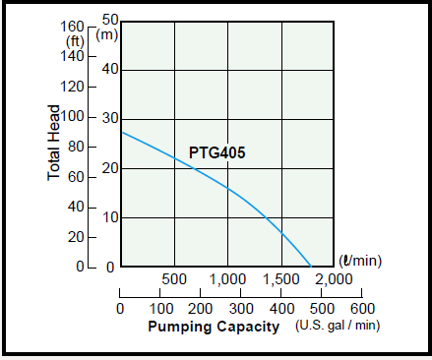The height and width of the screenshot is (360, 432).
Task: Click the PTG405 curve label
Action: pos(216,153)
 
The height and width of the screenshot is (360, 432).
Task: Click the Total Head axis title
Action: pos(55,143)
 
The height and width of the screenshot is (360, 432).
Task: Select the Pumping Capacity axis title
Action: pos(214,326)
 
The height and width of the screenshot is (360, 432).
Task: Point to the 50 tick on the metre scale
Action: pos(109,20)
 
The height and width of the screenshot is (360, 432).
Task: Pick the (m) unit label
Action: pos(108,34)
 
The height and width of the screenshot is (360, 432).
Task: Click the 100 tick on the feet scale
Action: pos(74,117)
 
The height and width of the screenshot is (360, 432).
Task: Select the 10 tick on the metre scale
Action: pos(110,217)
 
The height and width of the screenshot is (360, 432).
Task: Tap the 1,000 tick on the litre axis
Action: pos(227,279)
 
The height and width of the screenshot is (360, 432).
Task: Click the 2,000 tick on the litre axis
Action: pos(334,279)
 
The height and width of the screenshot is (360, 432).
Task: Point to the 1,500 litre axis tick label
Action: pos(281,279)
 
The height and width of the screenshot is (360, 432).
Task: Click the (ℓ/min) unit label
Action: pos(360,261)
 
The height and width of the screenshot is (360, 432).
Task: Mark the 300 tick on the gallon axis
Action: pos(241,307)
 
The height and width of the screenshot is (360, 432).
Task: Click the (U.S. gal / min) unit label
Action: pos(338,326)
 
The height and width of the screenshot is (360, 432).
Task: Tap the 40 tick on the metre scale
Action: pos(110,69)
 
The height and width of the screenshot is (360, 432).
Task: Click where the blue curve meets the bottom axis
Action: pos(311,267)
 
